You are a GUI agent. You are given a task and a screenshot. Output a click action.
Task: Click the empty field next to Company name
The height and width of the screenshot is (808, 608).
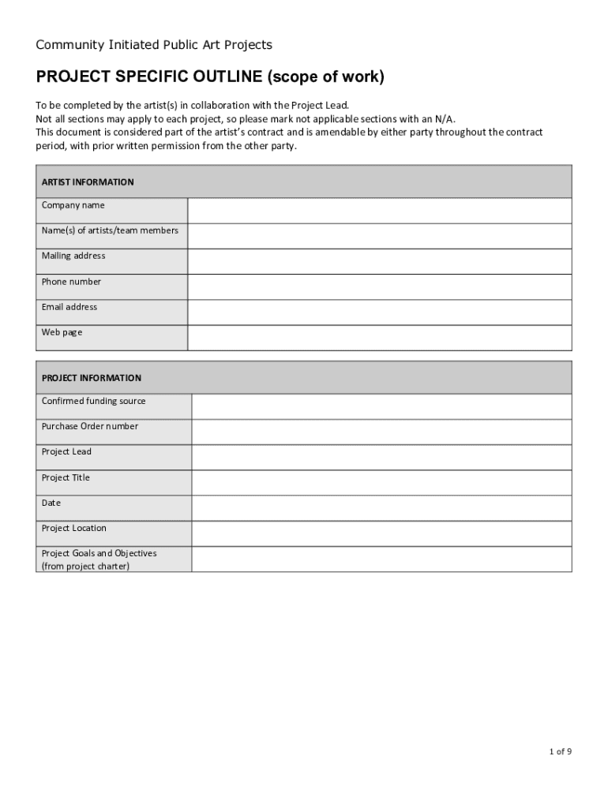pos(379,211)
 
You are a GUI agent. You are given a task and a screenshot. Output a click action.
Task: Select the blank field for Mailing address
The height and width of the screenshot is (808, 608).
pos(379,261)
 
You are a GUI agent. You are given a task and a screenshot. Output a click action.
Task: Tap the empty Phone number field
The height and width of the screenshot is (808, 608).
pos(379,286)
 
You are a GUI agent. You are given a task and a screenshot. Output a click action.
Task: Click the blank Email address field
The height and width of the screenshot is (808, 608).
pos(379,312)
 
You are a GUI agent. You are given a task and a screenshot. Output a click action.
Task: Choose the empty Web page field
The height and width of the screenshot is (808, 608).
pos(379,338)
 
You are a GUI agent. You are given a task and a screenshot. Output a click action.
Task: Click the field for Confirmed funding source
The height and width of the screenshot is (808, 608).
pos(381,406)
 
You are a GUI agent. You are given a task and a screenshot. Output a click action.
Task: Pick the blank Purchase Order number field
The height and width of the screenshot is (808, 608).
pos(381,432)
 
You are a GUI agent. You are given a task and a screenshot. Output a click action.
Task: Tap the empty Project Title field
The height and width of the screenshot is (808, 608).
pos(381,483)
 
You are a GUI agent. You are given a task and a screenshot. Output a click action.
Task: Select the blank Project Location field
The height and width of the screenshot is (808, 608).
pos(381,533)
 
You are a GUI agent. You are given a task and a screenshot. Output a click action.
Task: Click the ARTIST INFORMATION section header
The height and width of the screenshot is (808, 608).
pos(88,182)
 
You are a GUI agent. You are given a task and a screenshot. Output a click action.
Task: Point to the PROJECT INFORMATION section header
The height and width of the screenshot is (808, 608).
pos(92,378)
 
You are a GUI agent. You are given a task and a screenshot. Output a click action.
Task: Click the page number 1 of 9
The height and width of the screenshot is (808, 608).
pos(561,752)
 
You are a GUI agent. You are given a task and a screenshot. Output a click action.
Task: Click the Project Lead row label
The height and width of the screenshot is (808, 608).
pos(66,452)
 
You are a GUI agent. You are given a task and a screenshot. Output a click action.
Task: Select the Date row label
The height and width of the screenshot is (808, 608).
pos(51,503)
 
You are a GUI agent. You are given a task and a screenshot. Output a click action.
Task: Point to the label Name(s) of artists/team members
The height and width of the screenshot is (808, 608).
pos(110,230)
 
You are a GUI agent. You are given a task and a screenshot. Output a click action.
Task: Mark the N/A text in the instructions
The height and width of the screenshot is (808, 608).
pos(445,119)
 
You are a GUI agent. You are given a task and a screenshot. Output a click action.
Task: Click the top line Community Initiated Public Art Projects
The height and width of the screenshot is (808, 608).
pos(154,45)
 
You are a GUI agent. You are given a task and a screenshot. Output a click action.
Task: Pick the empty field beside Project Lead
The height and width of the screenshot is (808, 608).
pos(381,458)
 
